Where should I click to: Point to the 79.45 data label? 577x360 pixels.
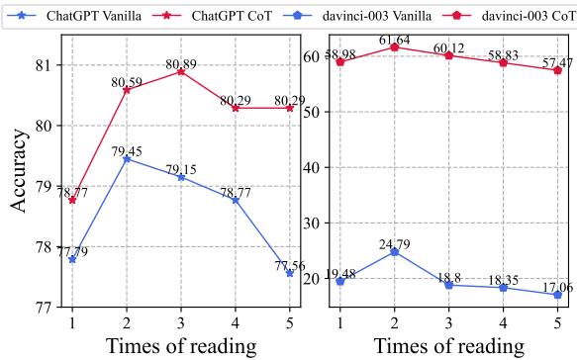127,150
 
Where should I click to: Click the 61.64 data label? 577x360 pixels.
395,40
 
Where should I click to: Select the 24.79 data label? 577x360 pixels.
395,243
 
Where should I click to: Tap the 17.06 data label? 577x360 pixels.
557,286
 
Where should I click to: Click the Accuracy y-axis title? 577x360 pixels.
20,169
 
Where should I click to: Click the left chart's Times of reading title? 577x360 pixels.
181,346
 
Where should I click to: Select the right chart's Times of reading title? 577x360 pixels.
449,346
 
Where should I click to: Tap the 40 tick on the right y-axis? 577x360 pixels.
316,167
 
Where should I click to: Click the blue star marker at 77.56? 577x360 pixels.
290,273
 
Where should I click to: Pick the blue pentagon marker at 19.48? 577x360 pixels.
340,281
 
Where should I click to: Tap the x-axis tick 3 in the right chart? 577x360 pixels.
449,321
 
